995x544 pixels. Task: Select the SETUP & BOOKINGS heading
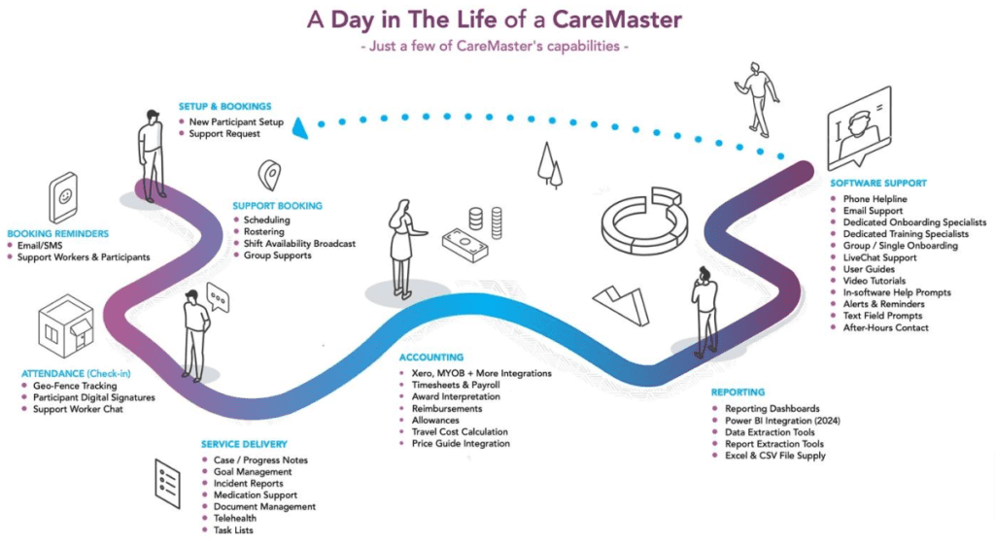(x=224, y=106)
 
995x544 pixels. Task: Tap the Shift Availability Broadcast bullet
(x=298, y=244)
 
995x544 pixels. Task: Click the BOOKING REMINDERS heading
(x=58, y=233)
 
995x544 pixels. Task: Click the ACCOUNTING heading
(x=431, y=357)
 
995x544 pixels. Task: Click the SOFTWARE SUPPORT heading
(x=878, y=183)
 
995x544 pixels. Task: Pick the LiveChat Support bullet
(x=879, y=257)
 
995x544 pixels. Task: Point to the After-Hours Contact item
(x=885, y=327)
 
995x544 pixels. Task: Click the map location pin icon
(x=269, y=175)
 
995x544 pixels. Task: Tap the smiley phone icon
(x=64, y=198)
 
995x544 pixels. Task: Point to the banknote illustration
(x=464, y=240)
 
